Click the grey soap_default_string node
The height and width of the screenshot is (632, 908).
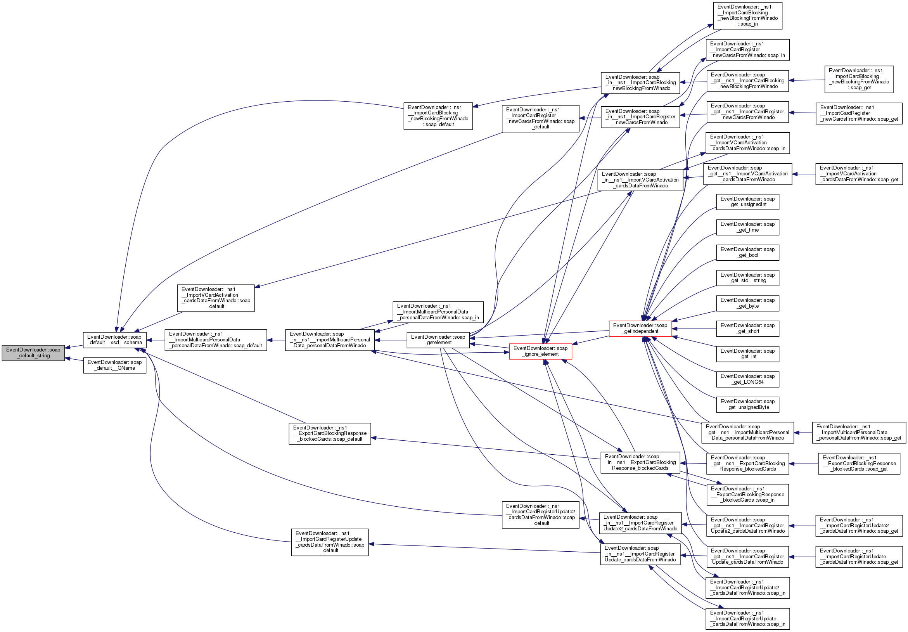point(33,352)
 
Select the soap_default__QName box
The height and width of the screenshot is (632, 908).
point(114,365)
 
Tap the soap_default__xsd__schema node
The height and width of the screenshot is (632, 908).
point(114,340)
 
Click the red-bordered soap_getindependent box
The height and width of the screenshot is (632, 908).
point(640,328)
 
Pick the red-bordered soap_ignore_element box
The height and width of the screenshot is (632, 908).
point(540,351)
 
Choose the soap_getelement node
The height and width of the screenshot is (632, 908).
point(438,340)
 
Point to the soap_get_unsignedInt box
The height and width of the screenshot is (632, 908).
point(747,202)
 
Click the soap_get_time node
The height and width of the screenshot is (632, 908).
point(747,227)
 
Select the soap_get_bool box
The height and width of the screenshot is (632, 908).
point(747,252)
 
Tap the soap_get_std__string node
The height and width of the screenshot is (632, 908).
point(747,278)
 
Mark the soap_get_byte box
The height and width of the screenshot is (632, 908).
point(747,303)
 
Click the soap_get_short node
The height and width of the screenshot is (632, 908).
point(747,328)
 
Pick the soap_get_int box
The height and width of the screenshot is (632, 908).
point(747,353)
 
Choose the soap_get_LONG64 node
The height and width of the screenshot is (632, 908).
point(747,379)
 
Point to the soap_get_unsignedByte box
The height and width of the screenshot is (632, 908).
point(747,404)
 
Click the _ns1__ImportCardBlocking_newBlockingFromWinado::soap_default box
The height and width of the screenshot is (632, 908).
point(438,116)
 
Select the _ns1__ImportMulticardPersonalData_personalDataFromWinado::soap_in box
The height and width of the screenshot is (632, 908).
point(438,312)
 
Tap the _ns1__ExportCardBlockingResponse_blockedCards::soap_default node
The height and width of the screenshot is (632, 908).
point(329,433)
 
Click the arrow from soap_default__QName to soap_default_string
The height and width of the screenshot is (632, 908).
point(74,360)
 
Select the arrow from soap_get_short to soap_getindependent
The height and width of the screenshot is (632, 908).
point(694,329)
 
